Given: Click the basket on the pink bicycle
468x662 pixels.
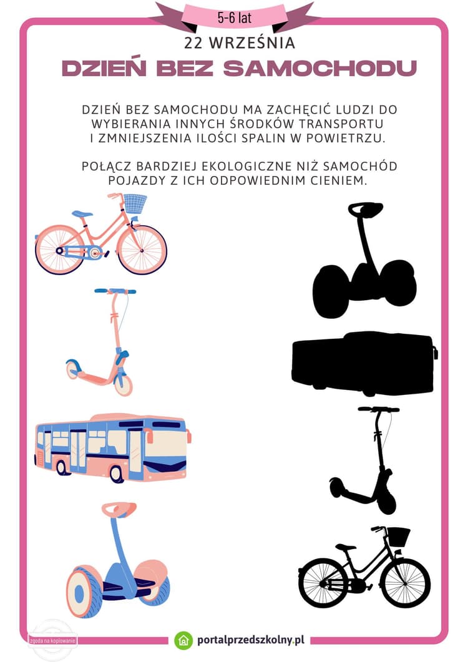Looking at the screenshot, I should (135, 203).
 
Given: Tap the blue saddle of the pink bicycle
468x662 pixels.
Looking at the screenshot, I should (82, 214).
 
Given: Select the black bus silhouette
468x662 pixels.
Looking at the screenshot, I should (363, 363).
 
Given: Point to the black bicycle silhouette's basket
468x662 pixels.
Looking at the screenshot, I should (398, 537).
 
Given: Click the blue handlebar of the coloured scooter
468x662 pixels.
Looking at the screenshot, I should (115, 291).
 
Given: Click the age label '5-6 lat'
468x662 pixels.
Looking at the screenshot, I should (234, 17).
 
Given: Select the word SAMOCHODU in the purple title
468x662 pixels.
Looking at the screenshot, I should (319, 69).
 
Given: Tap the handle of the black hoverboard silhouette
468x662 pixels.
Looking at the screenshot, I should (366, 210).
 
